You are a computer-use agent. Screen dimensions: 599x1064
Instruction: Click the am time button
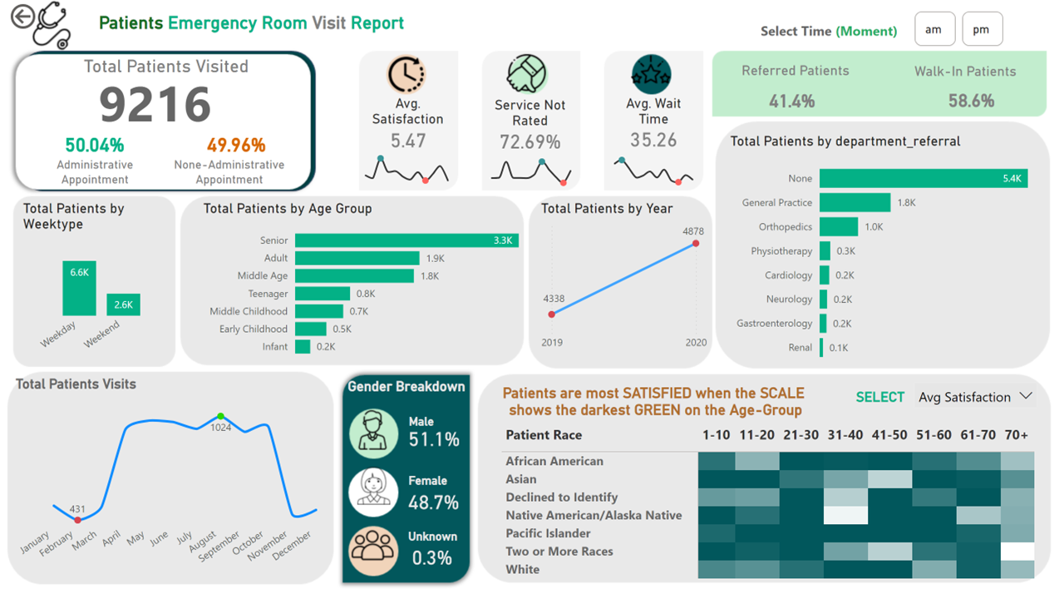coord(933,29)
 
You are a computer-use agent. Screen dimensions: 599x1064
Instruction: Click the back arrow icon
coord(22,17)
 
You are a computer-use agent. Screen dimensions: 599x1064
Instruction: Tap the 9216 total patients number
coord(155,104)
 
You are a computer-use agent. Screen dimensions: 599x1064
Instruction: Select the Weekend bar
coord(123,304)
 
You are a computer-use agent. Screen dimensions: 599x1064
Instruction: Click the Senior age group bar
coord(406,240)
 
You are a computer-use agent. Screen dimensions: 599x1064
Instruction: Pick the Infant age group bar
coord(303,347)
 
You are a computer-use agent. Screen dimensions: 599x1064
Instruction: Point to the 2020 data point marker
coord(696,244)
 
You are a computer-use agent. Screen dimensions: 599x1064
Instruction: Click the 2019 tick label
coord(552,342)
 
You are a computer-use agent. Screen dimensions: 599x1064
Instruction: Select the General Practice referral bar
coord(855,202)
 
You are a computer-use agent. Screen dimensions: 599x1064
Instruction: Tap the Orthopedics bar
coord(839,226)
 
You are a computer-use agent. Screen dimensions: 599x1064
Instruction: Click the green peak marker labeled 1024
coord(220,416)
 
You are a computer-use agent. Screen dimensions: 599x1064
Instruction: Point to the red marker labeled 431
coord(78,520)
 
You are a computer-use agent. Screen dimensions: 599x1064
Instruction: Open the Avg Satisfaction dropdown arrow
coord(1026,397)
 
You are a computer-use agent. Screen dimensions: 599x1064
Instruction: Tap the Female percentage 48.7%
coord(433,502)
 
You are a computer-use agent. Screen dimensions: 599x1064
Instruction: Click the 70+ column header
coord(1016,435)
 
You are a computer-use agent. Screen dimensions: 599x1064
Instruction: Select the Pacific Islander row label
coord(548,533)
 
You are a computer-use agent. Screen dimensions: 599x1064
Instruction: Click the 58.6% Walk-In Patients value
coord(971,101)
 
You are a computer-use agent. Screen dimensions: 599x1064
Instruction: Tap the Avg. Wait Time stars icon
coord(652,75)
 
